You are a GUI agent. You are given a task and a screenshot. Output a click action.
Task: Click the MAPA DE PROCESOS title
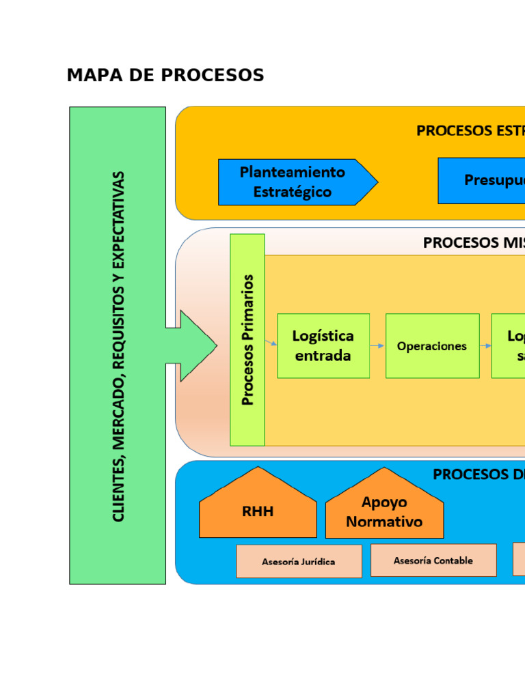[x=165, y=76]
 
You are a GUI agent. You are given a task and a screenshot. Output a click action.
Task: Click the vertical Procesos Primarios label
[x=247, y=340]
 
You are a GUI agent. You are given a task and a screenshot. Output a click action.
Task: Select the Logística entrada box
[x=323, y=345]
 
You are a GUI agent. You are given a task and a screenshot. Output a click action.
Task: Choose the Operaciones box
[x=432, y=346]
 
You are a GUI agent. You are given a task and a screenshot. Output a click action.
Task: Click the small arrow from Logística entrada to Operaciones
[x=377, y=346]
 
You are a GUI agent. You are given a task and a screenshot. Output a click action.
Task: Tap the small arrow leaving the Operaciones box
[x=485, y=346]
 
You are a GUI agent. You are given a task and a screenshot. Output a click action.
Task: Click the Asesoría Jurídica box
[x=299, y=562]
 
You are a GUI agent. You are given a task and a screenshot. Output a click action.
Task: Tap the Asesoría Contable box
[x=433, y=560]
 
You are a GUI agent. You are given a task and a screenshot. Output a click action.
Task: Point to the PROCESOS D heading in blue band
[x=479, y=474]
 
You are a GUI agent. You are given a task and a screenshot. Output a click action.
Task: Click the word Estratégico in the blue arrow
[x=292, y=192]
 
